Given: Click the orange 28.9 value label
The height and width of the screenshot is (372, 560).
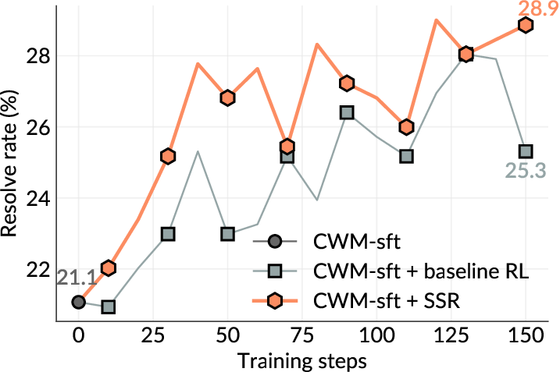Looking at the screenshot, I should click(x=526, y=9).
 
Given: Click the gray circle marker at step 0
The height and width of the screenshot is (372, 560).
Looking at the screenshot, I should click(x=78, y=302).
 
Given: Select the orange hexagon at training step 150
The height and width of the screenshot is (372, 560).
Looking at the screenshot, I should click(x=526, y=25).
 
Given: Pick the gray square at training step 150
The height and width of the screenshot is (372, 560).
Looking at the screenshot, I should click(x=526, y=151).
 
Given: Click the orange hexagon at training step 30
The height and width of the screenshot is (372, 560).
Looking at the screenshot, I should click(x=168, y=156).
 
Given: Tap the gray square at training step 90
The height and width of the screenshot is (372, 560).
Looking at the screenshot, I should click(x=347, y=112).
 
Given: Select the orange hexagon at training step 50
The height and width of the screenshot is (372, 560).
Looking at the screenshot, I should click(x=227, y=97).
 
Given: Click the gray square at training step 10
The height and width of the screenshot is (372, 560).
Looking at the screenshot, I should click(x=108, y=306).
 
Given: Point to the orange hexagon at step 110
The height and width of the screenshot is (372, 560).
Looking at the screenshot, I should click(x=406, y=127).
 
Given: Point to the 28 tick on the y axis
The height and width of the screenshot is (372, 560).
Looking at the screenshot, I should click(x=38, y=56).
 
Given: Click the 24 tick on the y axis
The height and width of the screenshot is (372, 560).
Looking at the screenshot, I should click(x=38, y=198).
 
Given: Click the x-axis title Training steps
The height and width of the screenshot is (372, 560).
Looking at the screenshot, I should click(x=301, y=360).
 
